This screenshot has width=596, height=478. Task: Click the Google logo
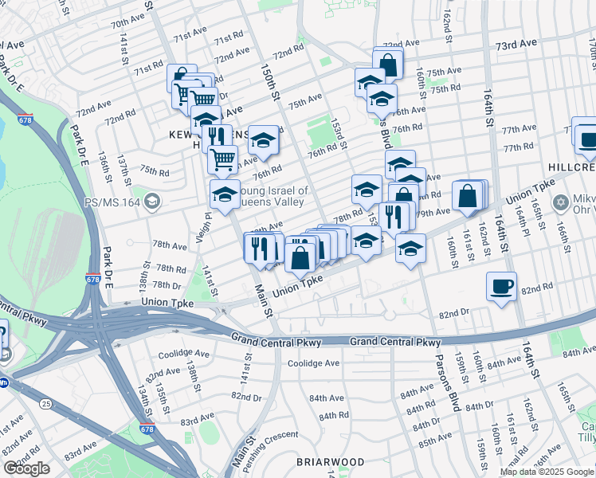(x=27, y=468)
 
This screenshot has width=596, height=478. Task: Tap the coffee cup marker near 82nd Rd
(x=501, y=287)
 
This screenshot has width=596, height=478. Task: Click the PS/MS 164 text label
(x=112, y=202)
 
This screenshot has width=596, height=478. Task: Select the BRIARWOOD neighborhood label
(x=331, y=462)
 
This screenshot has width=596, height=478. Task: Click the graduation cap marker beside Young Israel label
(x=225, y=195)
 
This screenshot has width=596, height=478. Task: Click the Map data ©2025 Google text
(x=546, y=472)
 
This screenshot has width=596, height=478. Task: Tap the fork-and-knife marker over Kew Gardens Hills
(x=215, y=138)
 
